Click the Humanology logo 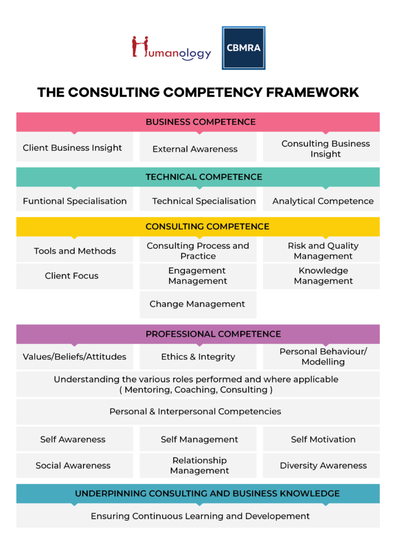pyautogui.click(x=171, y=48)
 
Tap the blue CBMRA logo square pyautogui.click(x=243, y=48)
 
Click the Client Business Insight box pyautogui.click(x=74, y=148)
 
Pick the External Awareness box pyautogui.click(x=197, y=149)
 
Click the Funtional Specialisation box pyautogui.click(x=74, y=201)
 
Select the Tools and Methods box pyautogui.click(x=74, y=251)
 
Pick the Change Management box pyautogui.click(x=197, y=304)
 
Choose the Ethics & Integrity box pyautogui.click(x=197, y=357)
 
